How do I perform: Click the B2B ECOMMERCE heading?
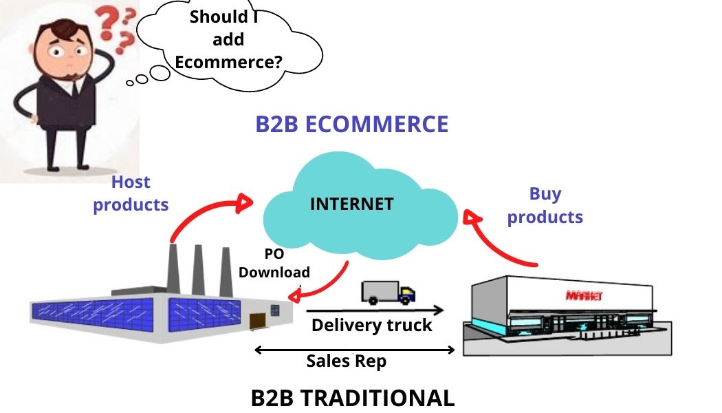tap(351, 125)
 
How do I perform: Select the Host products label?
tap(131, 193)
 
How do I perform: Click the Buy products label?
tap(545, 205)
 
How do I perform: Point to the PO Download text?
tap(274, 263)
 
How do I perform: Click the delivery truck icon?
tap(388, 292)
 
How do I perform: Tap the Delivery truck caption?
tap(371, 325)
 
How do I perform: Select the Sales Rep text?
tap(347, 361)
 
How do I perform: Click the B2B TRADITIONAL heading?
tap(352, 398)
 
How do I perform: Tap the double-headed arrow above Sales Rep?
tap(355, 350)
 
